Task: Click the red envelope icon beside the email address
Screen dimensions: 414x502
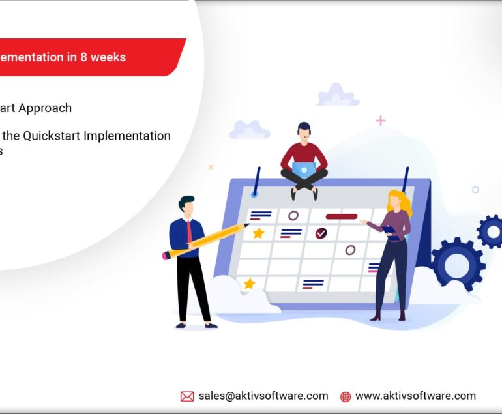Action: tap(187, 396)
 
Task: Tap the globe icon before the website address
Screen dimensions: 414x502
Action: tap(346, 396)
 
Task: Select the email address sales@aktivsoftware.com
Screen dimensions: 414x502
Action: tap(263, 396)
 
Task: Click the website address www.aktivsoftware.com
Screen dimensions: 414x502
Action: tap(415, 396)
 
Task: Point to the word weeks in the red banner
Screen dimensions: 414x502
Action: tap(108, 57)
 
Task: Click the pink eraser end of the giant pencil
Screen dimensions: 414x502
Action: tap(166, 256)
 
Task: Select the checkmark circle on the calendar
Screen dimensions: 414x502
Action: tap(321, 233)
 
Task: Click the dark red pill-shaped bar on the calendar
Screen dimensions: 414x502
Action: tap(341, 216)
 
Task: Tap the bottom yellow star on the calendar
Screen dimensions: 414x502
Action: tap(249, 284)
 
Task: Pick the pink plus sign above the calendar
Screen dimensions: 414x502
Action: tap(381, 121)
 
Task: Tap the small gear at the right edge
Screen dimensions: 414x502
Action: tap(492, 231)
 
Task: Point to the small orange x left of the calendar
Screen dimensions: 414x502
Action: tap(211, 167)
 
